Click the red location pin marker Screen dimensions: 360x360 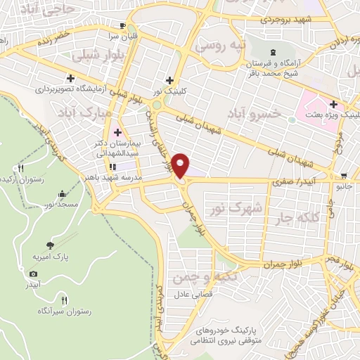181,167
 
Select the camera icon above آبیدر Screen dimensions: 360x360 33,274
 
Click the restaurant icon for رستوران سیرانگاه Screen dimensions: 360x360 65,297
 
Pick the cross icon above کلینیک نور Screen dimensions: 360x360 169,80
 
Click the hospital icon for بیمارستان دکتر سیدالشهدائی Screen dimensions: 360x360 117,132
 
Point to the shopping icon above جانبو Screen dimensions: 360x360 343,176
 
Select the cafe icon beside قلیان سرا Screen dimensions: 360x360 123,23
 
